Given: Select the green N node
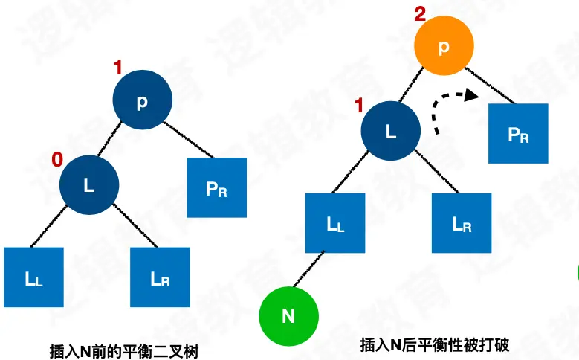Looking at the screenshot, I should tap(288, 315).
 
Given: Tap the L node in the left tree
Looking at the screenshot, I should tap(89, 185).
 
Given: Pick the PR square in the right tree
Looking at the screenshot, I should tap(518, 134).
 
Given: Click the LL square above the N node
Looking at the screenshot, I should tap(336, 223).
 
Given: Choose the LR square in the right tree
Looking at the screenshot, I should tap(462, 223).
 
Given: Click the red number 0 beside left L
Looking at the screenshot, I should tap(56, 159).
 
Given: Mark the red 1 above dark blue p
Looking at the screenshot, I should tap(117, 68).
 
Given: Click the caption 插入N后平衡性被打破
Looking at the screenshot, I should tap(424, 345).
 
